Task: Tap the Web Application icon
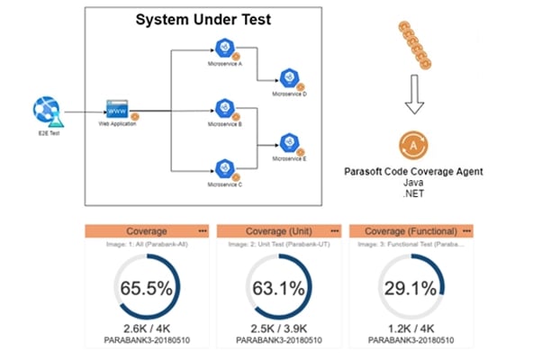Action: (117, 109)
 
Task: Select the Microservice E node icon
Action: (288, 141)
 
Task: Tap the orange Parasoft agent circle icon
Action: (412, 145)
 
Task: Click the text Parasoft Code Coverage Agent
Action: (413, 169)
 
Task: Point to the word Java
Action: (413, 181)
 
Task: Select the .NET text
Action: (413, 193)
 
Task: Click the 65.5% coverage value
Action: (146, 289)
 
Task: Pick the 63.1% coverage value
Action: (277, 289)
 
